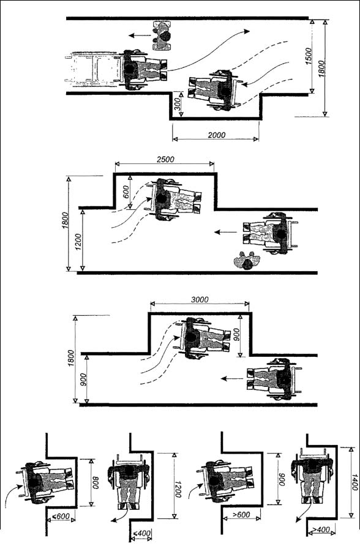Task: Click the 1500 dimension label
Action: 309,56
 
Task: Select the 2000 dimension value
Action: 216,135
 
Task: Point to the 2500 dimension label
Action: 165,160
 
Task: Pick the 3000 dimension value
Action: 200,299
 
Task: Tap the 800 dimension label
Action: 96,482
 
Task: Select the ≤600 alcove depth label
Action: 61,517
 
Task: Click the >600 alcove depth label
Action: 241,514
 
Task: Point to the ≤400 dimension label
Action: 142,533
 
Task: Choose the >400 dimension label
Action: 321,530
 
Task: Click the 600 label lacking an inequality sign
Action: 126,192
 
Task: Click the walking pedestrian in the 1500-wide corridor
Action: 163,36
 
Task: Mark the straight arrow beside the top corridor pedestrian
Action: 138,35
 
